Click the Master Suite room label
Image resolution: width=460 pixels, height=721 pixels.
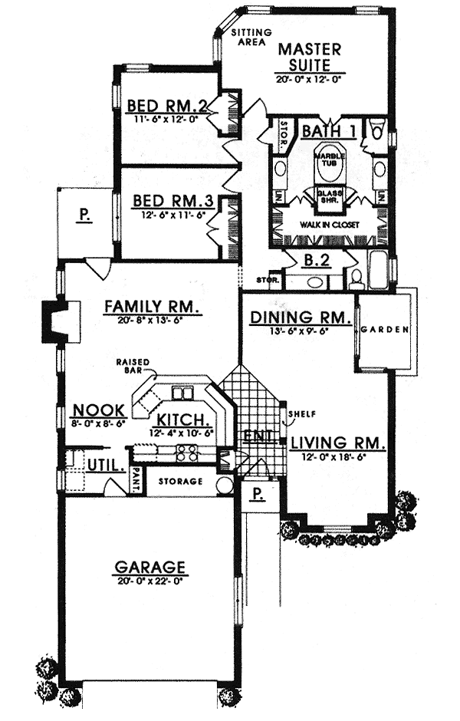309,58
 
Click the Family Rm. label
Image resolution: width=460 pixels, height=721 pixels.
153,308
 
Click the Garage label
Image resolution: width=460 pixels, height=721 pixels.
149,568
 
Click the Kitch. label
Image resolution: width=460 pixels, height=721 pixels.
184,420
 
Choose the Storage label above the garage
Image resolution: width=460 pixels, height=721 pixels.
181,482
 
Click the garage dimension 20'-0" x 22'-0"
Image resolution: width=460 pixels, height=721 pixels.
149,581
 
